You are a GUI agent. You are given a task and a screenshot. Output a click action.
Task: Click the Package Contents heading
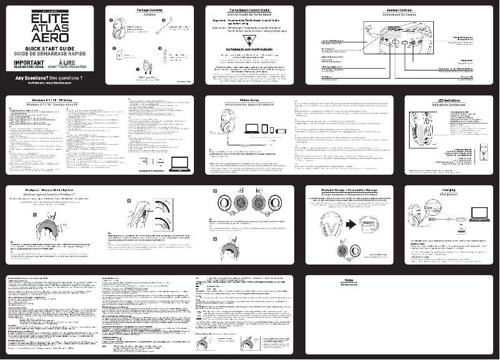[150, 11]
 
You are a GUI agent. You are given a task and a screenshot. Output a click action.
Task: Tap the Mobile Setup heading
[249, 100]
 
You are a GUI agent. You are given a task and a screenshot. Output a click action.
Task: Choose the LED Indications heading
[449, 100]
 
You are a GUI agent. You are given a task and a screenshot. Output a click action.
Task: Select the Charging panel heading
[448, 190]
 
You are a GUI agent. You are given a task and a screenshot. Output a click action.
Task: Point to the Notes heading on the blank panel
[349, 280]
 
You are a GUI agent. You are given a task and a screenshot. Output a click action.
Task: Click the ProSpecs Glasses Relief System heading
[49, 190]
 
